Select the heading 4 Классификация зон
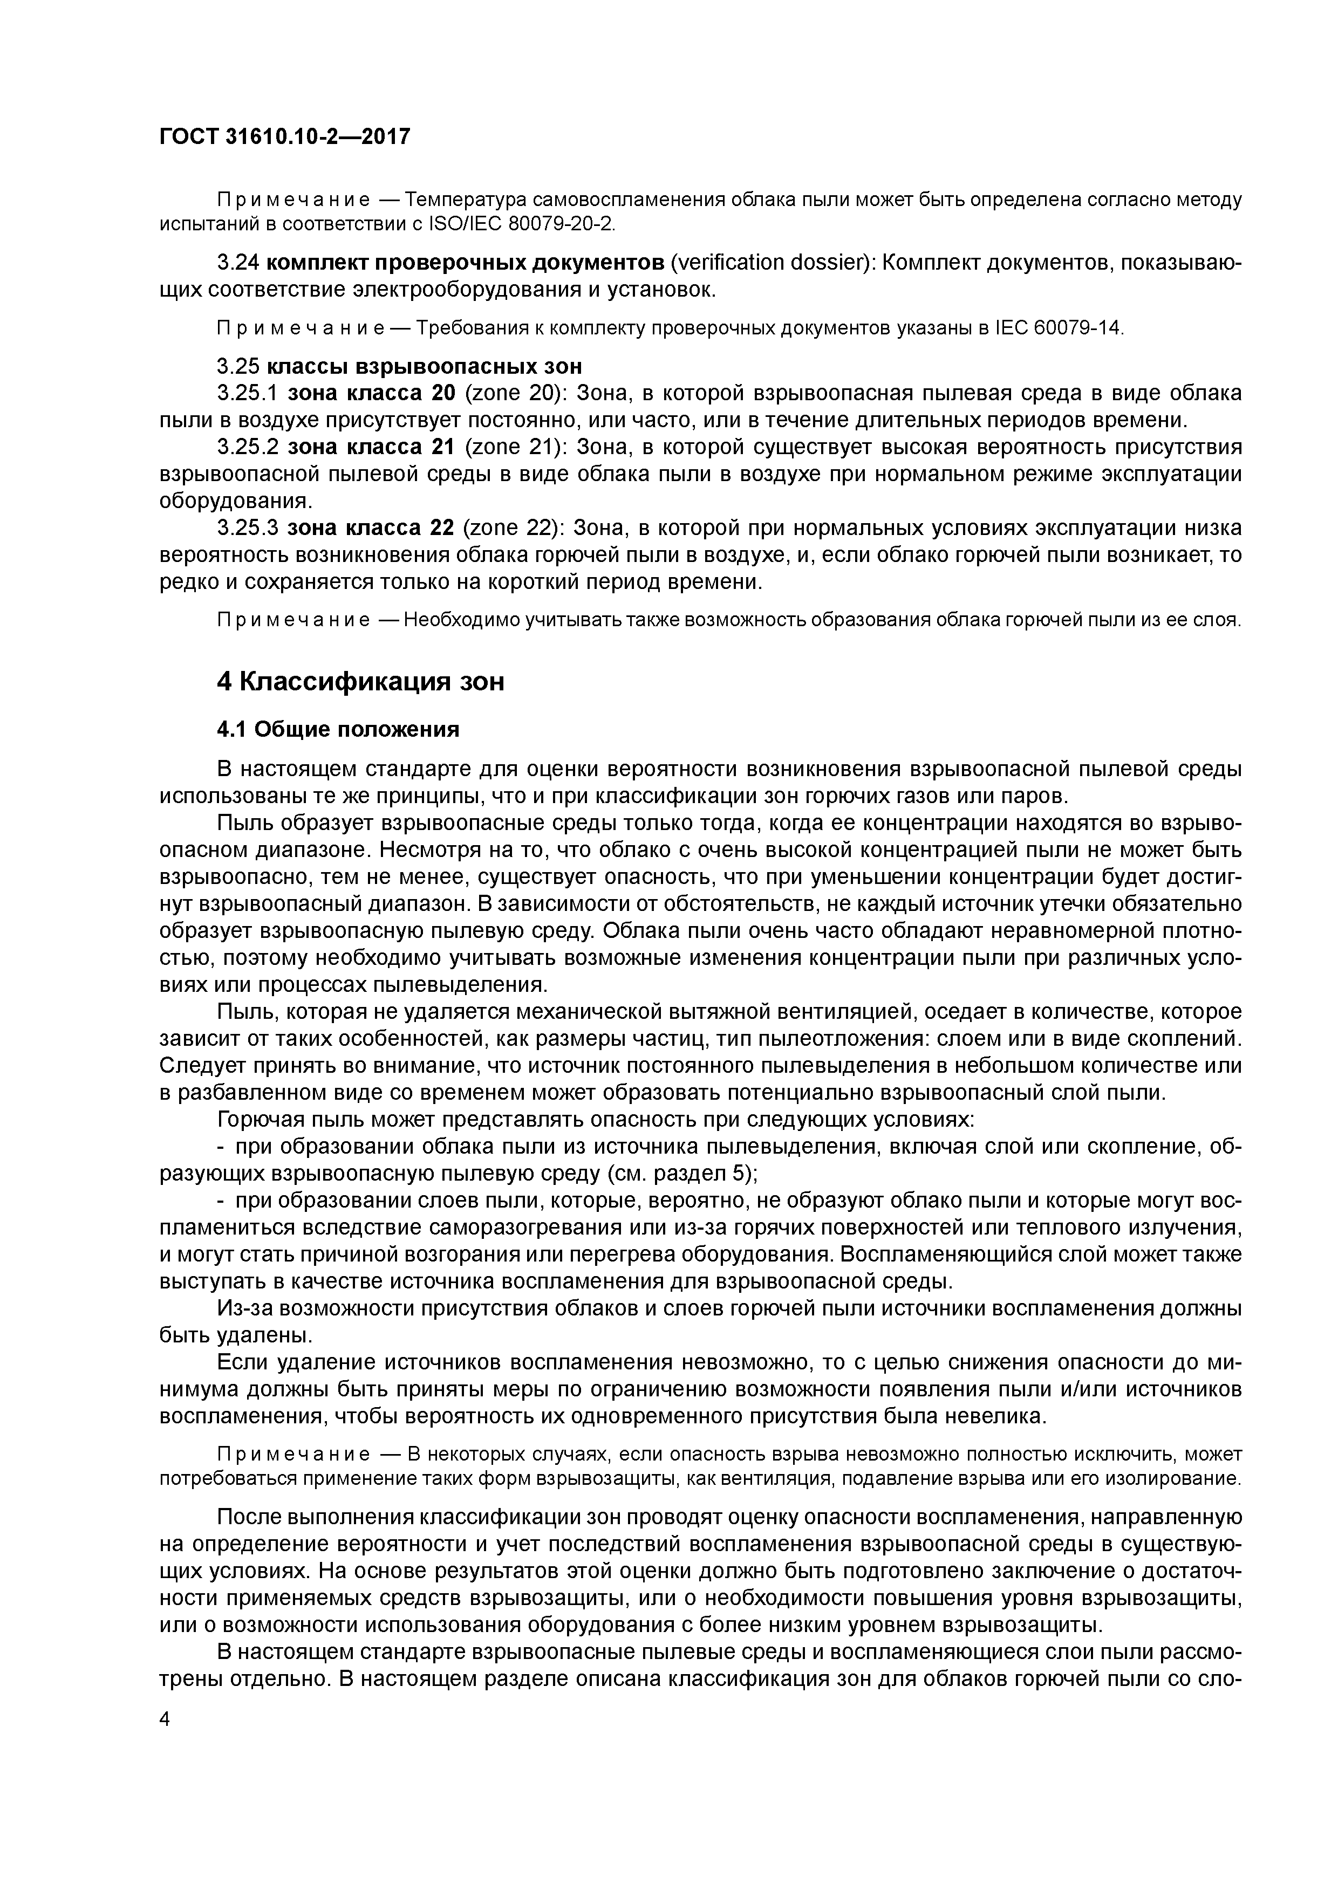tap(360, 682)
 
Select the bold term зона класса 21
tap(371, 448)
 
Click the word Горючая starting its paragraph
tap(259, 1120)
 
